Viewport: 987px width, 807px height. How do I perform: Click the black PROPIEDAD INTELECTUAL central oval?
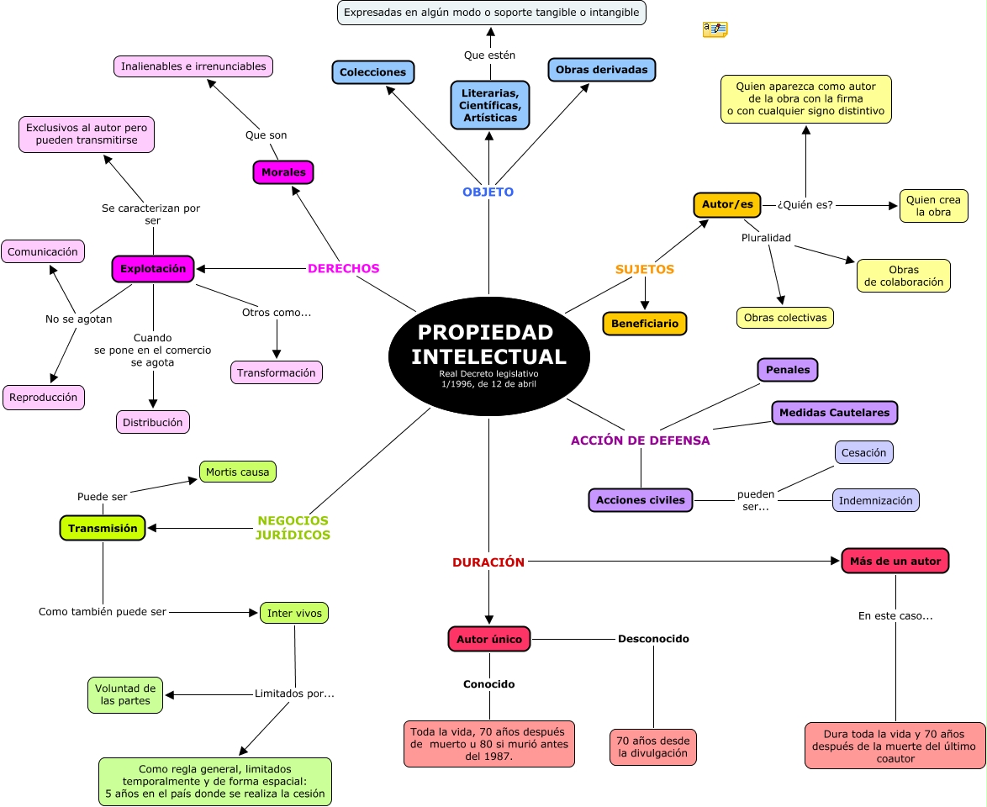click(x=489, y=356)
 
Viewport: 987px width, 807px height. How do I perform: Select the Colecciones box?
click(x=373, y=72)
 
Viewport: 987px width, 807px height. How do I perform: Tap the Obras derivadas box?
click(x=602, y=70)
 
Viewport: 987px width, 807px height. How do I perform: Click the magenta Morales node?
click(x=283, y=172)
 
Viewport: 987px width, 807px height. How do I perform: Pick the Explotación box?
click(x=153, y=269)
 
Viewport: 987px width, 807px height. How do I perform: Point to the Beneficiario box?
click(x=645, y=324)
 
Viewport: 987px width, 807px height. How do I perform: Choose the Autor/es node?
click(x=727, y=204)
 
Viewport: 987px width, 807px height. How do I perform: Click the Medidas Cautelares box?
click(x=835, y=413)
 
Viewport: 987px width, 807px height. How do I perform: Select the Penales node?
click(x=788, y=370)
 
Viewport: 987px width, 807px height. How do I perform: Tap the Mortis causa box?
click(x=237, y=472)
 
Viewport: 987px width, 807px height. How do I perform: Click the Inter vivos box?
click(x=294, y=613)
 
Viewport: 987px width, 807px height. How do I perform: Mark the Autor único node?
click(x=489, y=640)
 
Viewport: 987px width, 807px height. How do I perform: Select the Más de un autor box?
click(x=895, y=561)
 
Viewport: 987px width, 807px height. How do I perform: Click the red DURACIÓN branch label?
click(x=488, y=562)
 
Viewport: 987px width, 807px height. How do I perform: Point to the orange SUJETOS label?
click(x=645, y=269)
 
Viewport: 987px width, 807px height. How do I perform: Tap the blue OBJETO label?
click(x=488, y=192)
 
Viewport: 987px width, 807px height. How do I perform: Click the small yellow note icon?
click(x=715, y=29)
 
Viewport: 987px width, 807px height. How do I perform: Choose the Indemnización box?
click(x=875, y=500)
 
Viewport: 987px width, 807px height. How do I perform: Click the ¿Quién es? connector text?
click(x=805, y=204)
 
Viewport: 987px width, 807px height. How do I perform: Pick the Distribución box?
click(x=153, y=422)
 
